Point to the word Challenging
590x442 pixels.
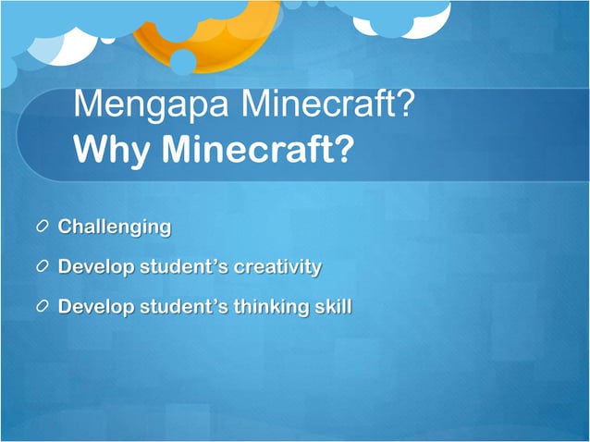pyautogui.click(x=115, y=227)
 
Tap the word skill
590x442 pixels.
pyautogui.click(x=333, y=306)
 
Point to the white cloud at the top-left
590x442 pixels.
pyautogui.click(x=65, y=42)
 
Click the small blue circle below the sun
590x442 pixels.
pyautogui.click(x=183, y=62)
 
